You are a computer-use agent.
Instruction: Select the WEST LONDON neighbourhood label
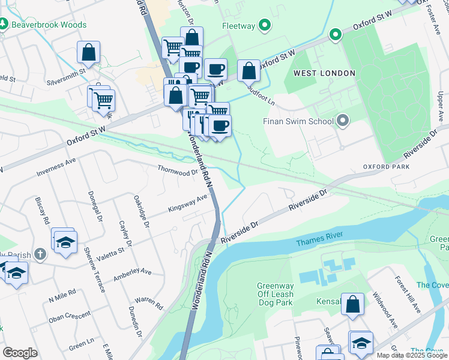click(324, 73)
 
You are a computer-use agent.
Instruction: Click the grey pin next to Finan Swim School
click(343, 121)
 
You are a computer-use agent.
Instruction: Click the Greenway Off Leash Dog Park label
click(275, 295)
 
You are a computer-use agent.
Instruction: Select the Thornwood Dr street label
click(177, 170)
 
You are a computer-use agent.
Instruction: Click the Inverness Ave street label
click(56, 166)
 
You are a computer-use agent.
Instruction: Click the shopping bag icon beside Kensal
click(352, 304)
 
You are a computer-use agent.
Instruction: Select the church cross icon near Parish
click(40, 254)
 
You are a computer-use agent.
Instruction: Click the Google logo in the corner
click(20, 353)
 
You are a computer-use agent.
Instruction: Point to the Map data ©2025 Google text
click(412, 355)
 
